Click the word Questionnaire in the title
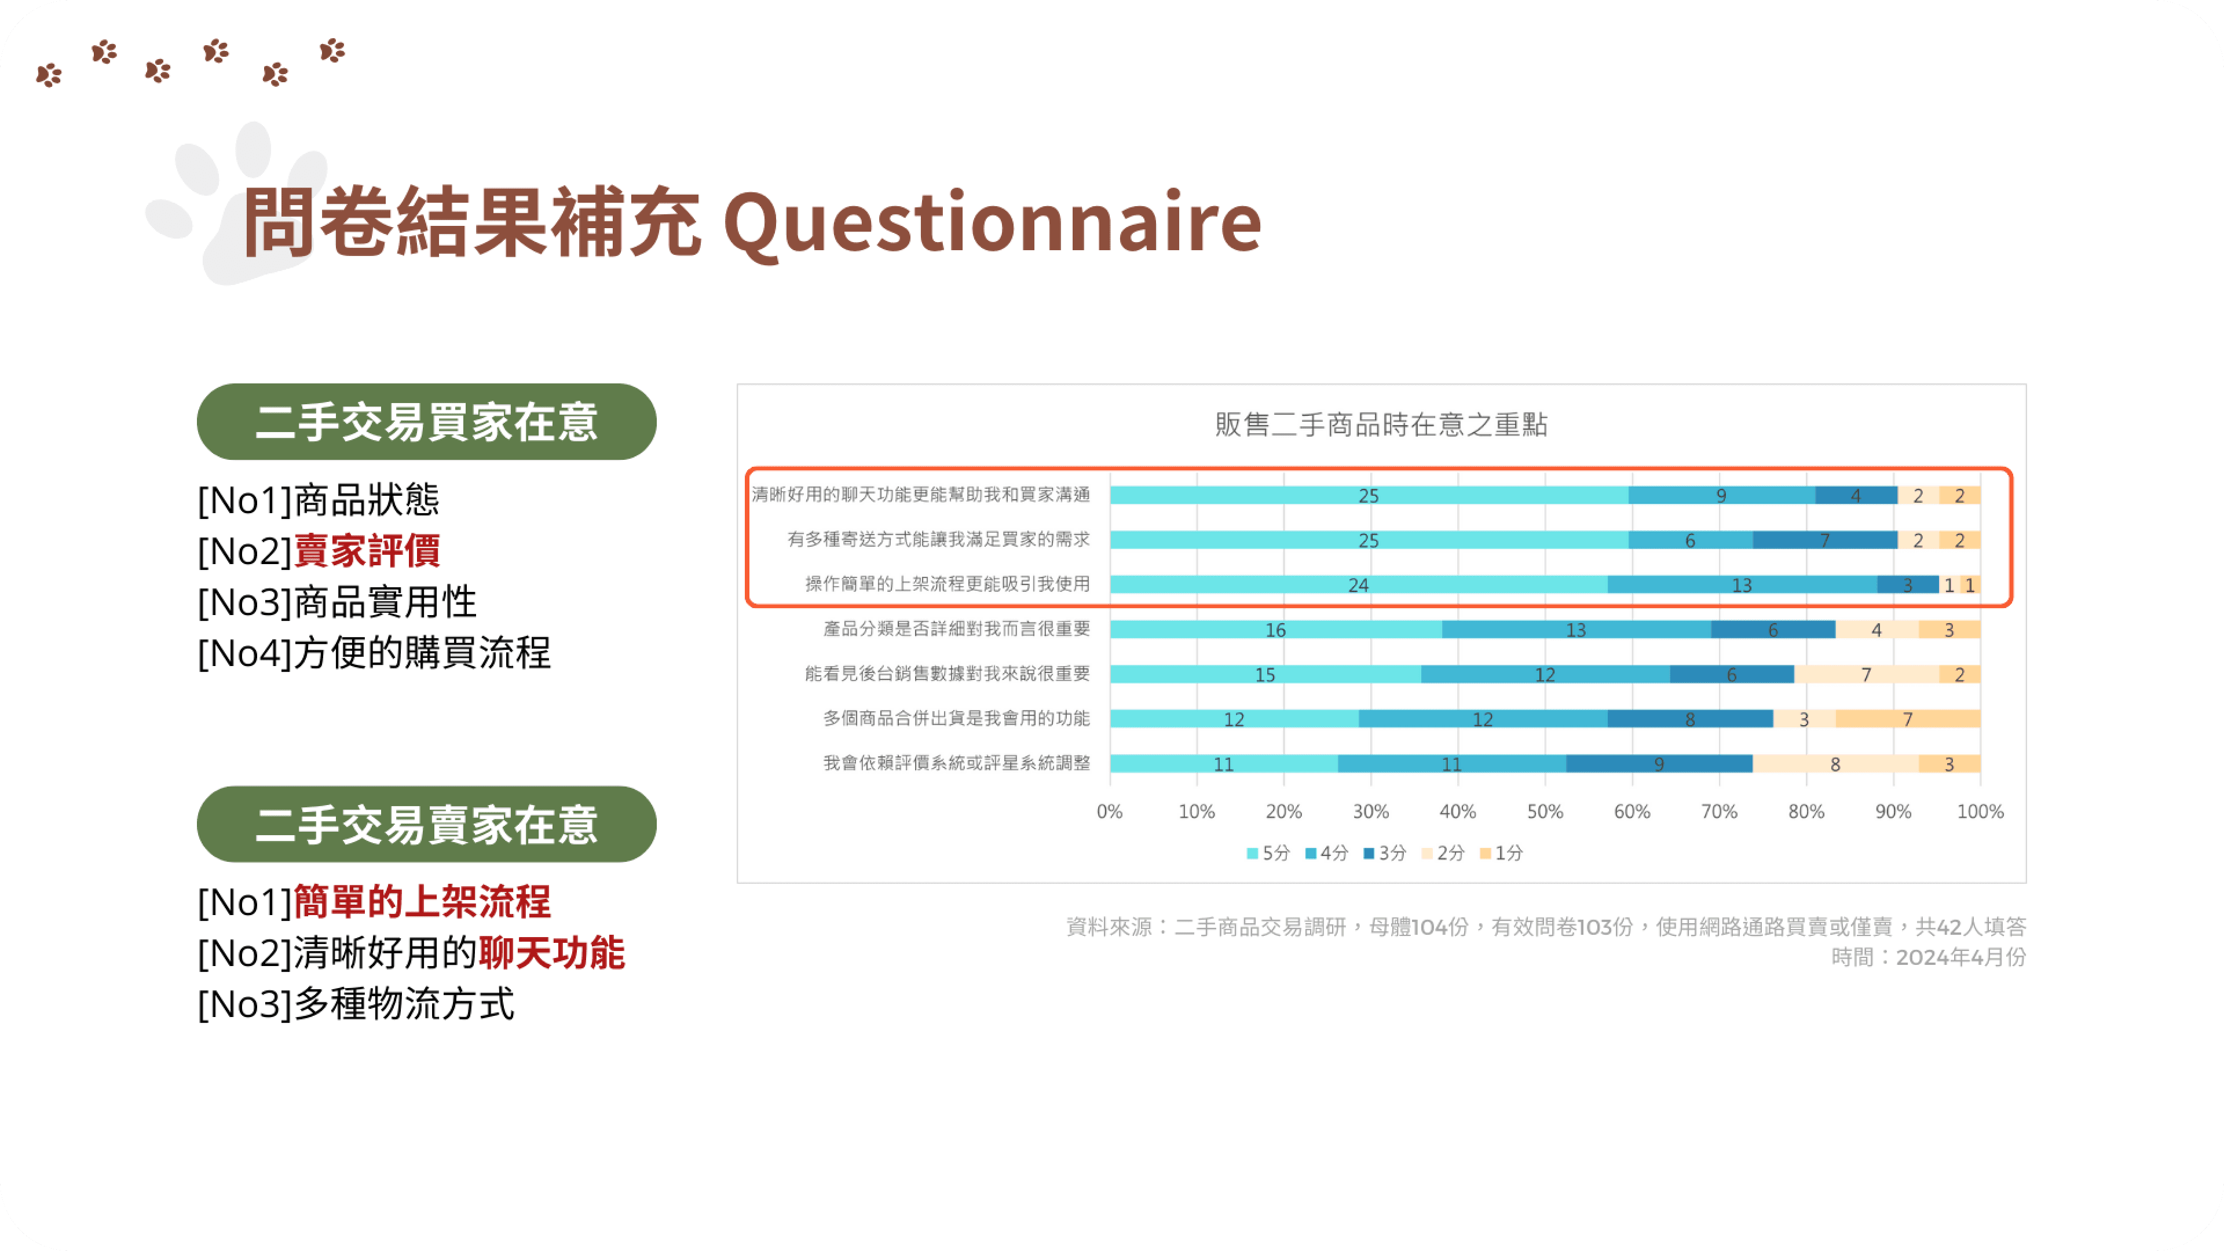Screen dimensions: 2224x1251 pos(993,223)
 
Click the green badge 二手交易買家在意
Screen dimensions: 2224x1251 pos(426,422)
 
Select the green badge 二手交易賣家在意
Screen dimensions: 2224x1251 pos(426,825)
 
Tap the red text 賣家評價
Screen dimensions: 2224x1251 pos(367,551)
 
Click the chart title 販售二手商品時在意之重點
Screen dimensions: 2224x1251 pos(1381,425)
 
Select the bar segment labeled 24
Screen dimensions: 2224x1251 pos(1358,584)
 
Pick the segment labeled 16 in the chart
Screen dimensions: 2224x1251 pos(1275,630)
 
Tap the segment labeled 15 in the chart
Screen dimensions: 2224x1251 pos(1265,674)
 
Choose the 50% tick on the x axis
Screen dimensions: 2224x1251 pos(1545,811)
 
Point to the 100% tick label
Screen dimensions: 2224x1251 pos(1980,811)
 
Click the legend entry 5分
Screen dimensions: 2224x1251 pos(1268,853)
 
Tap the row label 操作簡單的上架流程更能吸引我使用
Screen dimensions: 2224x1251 pos(947,584)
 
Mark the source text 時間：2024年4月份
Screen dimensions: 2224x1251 pos(1928,957)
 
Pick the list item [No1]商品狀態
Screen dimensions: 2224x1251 pos(319,500)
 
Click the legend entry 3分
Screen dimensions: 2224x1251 pos(1385,853)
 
